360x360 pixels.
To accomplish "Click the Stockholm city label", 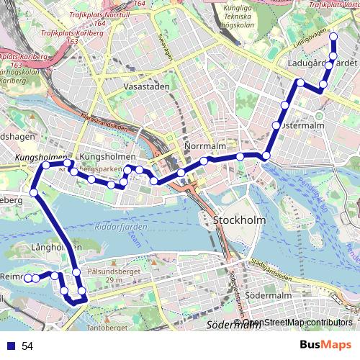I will tap(240, 220).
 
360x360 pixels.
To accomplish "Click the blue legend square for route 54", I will tap(11, 346).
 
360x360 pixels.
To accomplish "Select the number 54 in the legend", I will tap(27, 346).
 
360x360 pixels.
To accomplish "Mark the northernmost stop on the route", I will tap(333, 36).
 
